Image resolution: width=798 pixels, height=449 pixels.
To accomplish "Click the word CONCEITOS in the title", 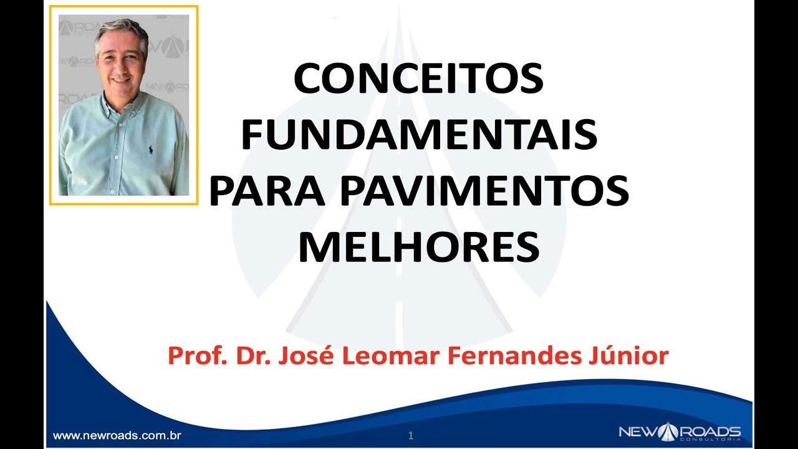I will tap(418, 79).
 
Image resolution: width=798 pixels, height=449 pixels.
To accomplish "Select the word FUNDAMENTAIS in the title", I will tap(418, 135).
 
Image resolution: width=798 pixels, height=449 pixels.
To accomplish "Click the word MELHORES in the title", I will tap(418, 246).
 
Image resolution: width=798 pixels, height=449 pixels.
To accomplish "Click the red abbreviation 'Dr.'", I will tap(254, 357).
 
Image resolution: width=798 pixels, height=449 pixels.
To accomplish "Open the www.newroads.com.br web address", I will tap(117, 435).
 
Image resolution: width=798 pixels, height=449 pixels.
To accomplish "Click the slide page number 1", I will tap(410, 436).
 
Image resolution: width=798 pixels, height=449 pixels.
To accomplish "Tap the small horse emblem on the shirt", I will tap(150, 150).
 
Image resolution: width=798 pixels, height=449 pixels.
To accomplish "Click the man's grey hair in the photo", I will tap(122, 28).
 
